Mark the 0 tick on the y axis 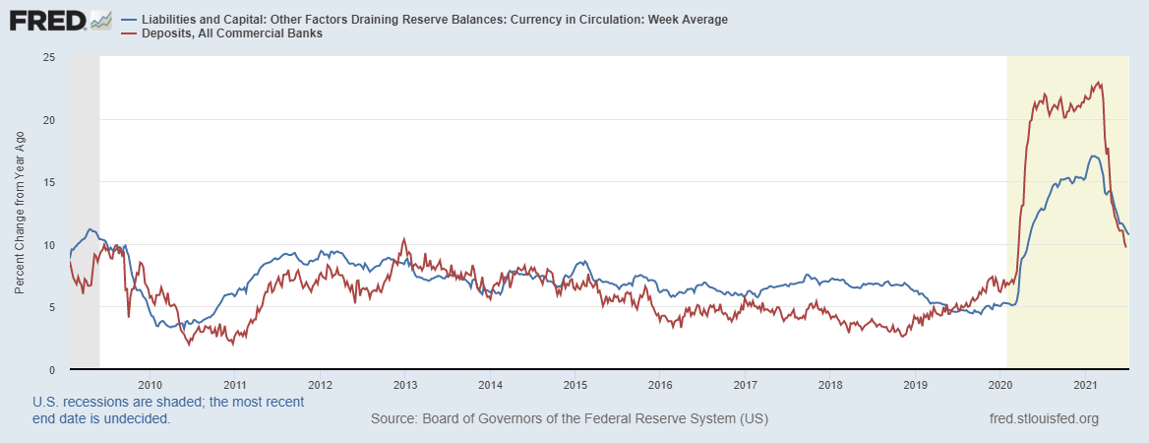coord(50,369)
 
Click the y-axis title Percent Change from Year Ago coord(21,214)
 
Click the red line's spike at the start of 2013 coord(403,239)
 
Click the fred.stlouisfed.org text coord(1043,419)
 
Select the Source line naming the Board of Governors coord(569,419)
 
